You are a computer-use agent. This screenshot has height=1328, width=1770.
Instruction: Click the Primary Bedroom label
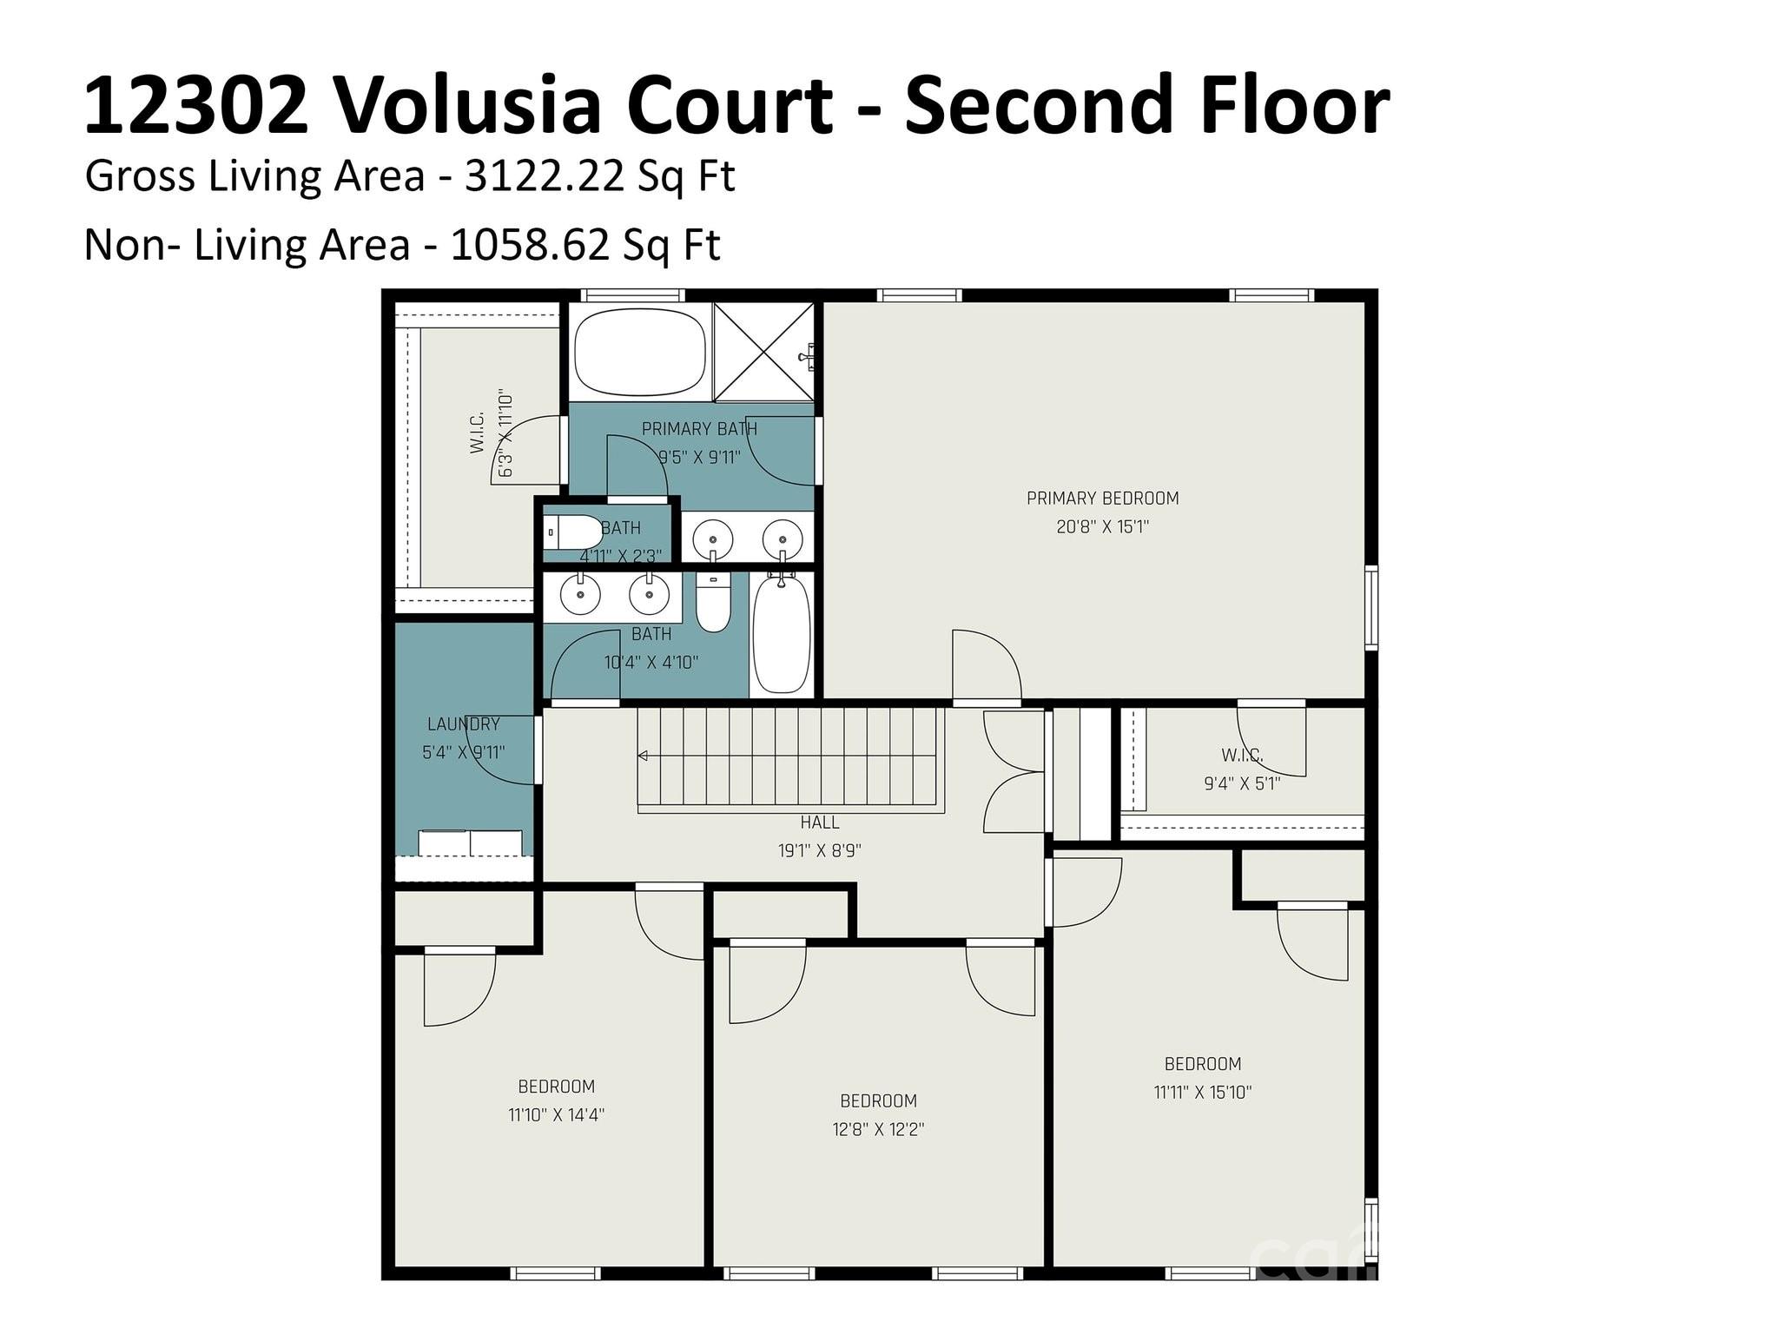(1102, 499)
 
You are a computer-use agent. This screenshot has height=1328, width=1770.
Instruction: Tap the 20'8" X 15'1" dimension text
(1102, 526)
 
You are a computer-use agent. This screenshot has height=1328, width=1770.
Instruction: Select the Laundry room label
(464, 724)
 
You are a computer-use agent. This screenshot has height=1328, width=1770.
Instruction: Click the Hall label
(819, 823)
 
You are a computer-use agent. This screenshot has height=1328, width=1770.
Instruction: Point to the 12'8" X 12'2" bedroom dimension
(878, 1130)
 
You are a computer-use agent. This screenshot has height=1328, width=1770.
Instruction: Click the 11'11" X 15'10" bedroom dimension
(1203, 1093)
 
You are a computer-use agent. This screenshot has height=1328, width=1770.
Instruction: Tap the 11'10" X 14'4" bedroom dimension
(556, 1115)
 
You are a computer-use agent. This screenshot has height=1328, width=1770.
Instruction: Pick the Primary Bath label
(699, 429)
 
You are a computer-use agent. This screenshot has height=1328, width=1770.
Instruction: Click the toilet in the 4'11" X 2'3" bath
(571, 532)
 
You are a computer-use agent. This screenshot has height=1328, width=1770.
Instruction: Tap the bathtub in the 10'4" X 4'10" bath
(782, 633)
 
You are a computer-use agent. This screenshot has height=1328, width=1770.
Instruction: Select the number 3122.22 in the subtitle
(545, 176)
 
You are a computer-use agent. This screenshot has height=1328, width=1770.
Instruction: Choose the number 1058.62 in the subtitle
(530, 245)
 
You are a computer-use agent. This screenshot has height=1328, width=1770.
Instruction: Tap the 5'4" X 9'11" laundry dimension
(464, 753)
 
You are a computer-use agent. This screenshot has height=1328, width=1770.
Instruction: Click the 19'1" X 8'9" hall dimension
(819, 851)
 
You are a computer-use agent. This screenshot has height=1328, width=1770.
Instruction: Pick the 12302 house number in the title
(196, 106)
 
